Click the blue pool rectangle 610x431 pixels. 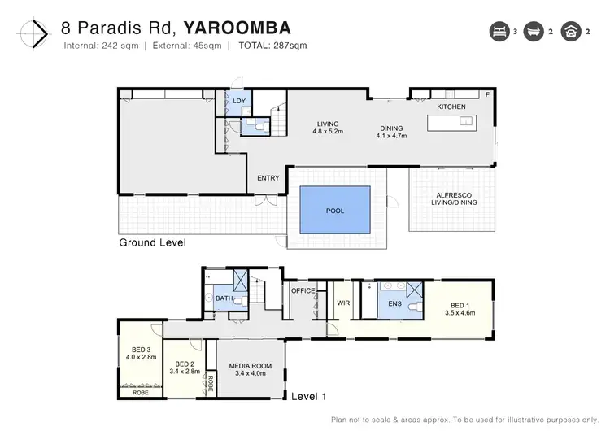click(335, 211)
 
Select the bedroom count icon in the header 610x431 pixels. click(497, 32)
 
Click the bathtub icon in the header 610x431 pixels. click(536, 32)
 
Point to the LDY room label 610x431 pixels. click(239, 101)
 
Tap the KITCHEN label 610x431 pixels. click(451, 107)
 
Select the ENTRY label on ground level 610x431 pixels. click(268, 178)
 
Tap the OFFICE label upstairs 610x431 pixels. click(303, 290)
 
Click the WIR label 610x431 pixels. click(342, 303)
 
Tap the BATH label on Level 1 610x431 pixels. click(224, 298)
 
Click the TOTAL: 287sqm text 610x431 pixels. click(272, 45)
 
